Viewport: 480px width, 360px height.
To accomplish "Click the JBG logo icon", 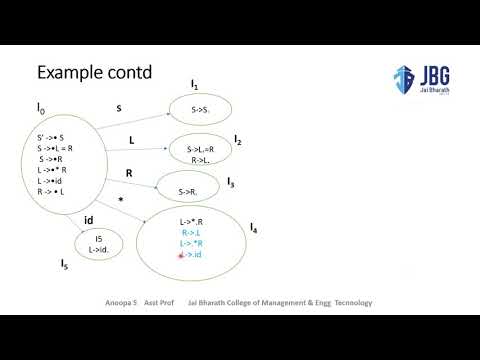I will [x=404, y=79].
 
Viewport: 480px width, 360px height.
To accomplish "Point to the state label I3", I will [x=231, y=183].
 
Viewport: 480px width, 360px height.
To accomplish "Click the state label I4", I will [x=255, y=229].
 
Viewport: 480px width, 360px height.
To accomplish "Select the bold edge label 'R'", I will [x=129, y=173].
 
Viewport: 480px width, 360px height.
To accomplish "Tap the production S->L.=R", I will [x=206, y=148].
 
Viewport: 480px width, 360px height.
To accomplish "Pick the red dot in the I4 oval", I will [x=181, y=256].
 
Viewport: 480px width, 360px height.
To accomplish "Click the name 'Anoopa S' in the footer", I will [x=121, y=301].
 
